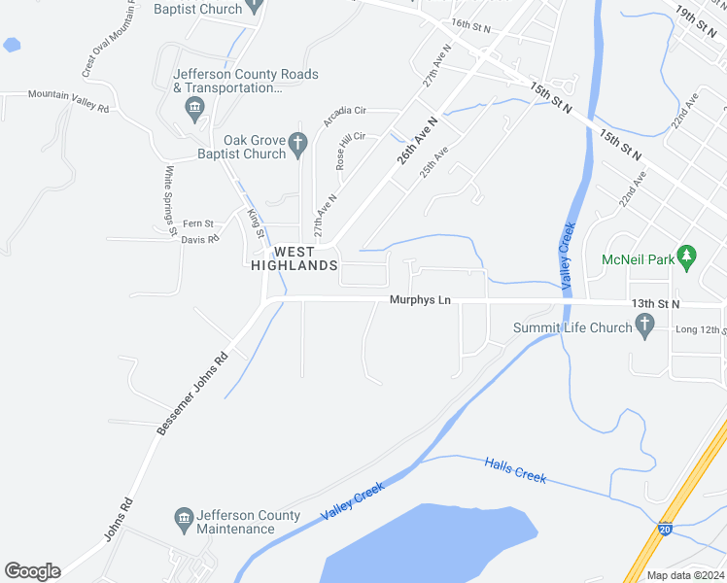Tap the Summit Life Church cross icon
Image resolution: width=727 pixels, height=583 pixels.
(645, 328)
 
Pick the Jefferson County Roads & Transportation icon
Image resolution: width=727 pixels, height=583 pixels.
(194, 110)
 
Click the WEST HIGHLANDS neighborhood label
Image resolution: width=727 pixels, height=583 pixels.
(294, 257)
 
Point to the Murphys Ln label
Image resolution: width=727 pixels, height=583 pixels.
(420, 301)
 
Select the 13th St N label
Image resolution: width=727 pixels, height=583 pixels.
(657, 303)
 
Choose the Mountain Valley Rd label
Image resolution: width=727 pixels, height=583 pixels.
(68, 100)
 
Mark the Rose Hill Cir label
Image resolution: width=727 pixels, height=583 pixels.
(349, 151)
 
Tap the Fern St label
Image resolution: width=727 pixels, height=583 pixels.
(197, 224)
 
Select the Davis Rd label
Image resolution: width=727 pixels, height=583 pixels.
(200, 239)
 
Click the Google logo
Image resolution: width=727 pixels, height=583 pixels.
(32, 571)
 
